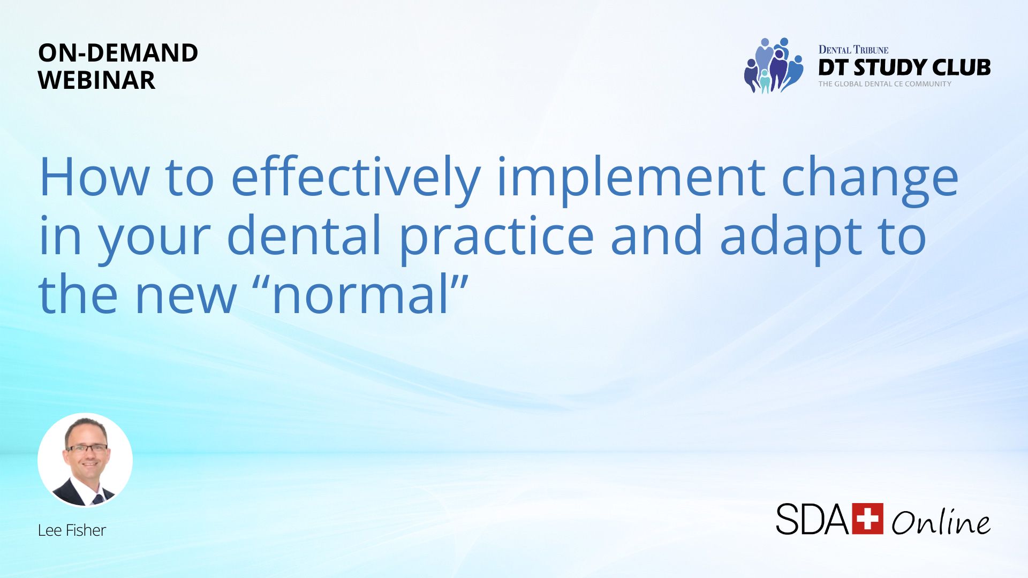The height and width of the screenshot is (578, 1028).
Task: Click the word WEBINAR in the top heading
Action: click(x=97, y=80)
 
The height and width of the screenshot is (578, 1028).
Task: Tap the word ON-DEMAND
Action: click(x=118, y=52)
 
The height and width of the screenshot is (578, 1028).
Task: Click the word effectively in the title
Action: click(x=356, y=179)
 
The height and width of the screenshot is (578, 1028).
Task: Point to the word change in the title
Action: click(x=870, y=179)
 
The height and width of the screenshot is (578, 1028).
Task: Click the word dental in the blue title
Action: click(x=305, y=235)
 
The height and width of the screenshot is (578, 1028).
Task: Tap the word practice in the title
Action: click(x=497, y=238)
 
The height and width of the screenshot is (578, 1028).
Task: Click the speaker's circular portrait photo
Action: click(x=85, y=460)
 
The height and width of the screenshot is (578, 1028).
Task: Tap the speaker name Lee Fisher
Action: click(x=72, y=530)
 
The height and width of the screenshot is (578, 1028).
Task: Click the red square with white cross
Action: click(x=867, y=518)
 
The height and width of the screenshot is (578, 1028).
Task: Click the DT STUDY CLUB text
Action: click(x=904, y=67)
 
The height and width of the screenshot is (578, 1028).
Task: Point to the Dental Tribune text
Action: click(x=853, y=50)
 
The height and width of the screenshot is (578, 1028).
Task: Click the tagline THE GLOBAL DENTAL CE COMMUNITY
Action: click(x=885, y=84)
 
